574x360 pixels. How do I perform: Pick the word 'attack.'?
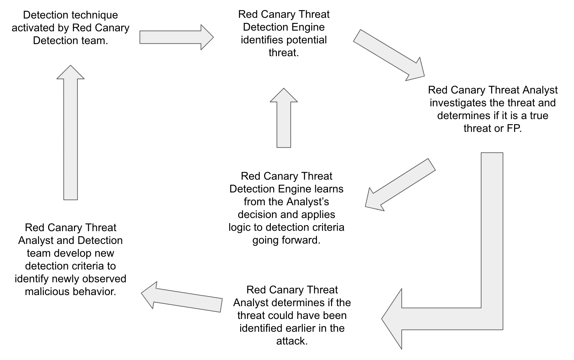pos(292,341)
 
